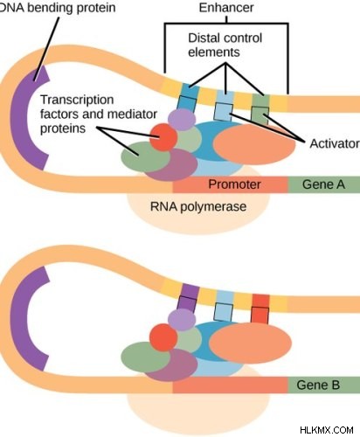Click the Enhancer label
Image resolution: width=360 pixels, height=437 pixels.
[x=226, y=8]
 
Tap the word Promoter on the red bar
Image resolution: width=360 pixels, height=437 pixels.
[x=234, y=184]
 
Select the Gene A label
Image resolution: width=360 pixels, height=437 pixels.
[x=323, y=184]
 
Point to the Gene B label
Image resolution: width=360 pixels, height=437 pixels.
[x=318, y=385]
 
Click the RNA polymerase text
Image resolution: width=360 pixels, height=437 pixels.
[x=198, y=206]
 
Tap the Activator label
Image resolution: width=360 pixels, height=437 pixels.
[x=335, y=143]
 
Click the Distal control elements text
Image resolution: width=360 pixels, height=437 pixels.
[x=225, y=45]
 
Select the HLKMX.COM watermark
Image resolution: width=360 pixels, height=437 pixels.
[x=327, y=430]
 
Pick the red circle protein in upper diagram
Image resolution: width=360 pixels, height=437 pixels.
[x=163, y=137]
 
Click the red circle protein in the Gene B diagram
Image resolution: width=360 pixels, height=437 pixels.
[x=163, y=337]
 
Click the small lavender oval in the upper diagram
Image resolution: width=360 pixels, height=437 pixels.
[x=182, y=119]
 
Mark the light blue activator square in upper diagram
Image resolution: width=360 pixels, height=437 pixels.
[x=224, y=112]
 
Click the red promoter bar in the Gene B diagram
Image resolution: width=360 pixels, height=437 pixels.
[x=230, y=385]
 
